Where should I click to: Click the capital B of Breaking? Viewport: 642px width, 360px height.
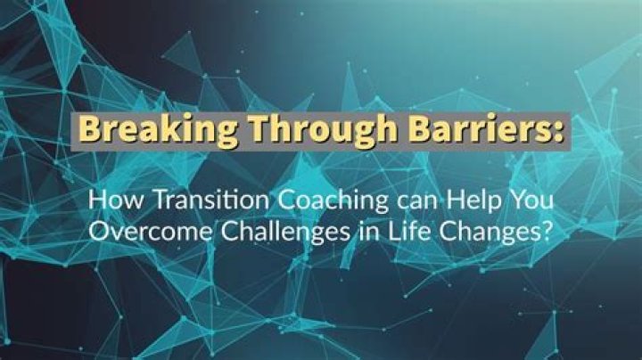pyautogui.click(x=87, y=130)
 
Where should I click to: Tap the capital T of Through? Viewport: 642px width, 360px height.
pyautogui.click(x=252, y=130)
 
